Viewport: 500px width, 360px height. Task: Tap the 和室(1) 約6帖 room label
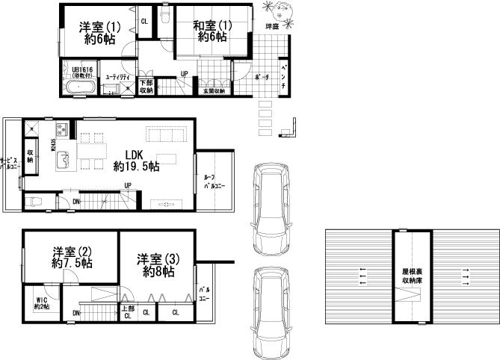coord(211,31)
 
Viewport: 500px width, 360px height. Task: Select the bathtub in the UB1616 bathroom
coord(78,89)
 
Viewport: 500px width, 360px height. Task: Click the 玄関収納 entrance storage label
coord(213,90)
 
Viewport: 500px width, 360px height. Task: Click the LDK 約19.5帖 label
coord(135,160)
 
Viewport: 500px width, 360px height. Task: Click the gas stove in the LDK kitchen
coord(61,131)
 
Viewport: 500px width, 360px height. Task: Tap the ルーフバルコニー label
coord(215,181)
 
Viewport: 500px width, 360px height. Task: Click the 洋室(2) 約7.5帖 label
coord(72,257)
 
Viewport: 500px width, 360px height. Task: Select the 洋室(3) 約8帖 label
coord(155,266)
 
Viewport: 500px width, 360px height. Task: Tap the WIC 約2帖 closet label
coord(40,303)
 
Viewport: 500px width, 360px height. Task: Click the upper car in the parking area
coord(270,208)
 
